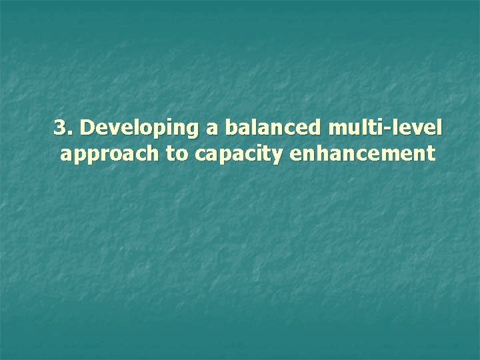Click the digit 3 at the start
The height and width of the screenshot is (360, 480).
(x=60, y=127)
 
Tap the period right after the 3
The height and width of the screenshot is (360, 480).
(x=69, y=131)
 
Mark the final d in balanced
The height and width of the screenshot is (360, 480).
(x=315, y=127)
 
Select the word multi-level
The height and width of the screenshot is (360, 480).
(x=385, y=127)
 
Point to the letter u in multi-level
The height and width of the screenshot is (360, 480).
(x=348, y=129)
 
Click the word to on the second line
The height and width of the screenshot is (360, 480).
(x=177, y=155)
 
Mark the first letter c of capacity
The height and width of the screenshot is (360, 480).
(x=201, y=156)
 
